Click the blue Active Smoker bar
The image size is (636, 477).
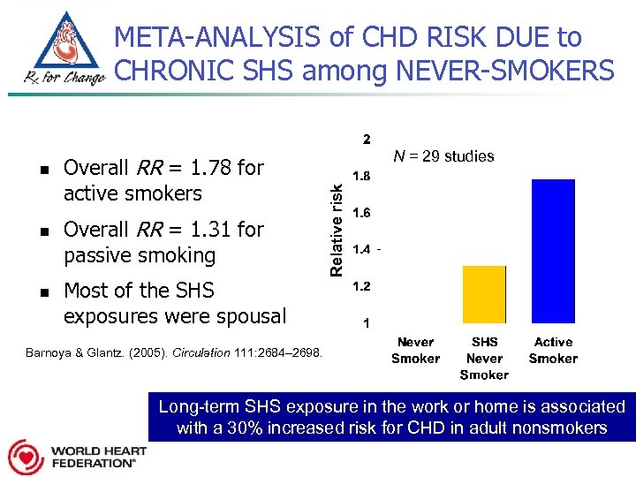coord(553,251)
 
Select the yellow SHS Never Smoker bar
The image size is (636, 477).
coord(484,294)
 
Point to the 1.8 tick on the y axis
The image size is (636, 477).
coord(362,176)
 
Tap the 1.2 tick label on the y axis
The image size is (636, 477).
coord(362,286)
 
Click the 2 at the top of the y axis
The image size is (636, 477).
coord(367,140)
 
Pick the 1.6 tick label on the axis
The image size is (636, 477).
coord(362,213)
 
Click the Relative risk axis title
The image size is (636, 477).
coord(336,229)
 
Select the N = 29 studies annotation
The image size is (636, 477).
coord(443,156)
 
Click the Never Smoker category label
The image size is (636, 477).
coord(415,350)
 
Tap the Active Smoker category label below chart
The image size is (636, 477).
coord(553,350)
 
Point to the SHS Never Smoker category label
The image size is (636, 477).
coord(484,358)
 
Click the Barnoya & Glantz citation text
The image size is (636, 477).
coord(174,353)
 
